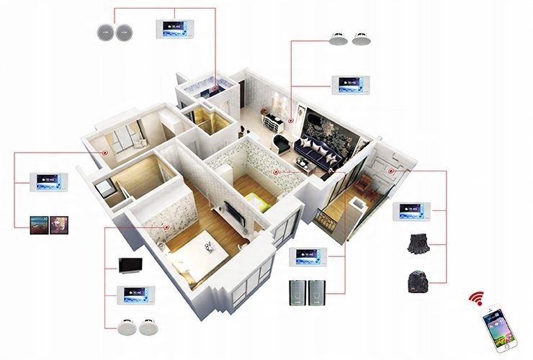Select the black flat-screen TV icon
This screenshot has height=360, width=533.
(131, 264)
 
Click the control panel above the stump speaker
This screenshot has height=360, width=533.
(413, 212)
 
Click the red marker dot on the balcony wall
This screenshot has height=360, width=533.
(392, 171)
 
